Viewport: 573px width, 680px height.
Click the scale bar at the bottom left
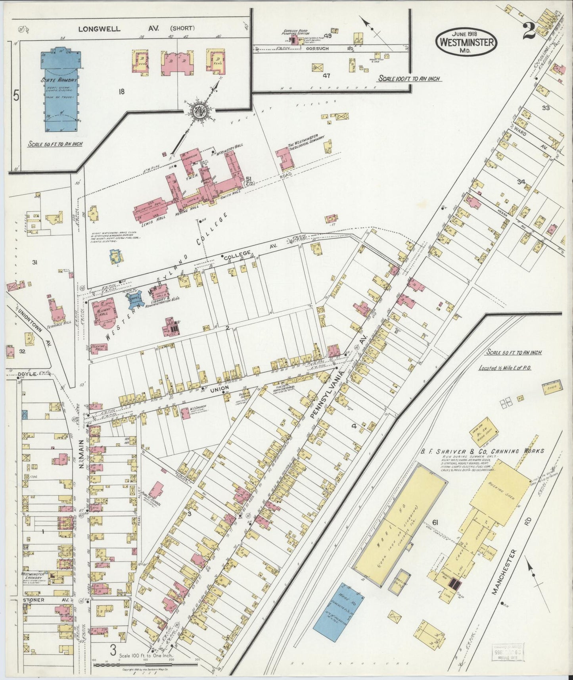pyautogui.click(x=145, y=663)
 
